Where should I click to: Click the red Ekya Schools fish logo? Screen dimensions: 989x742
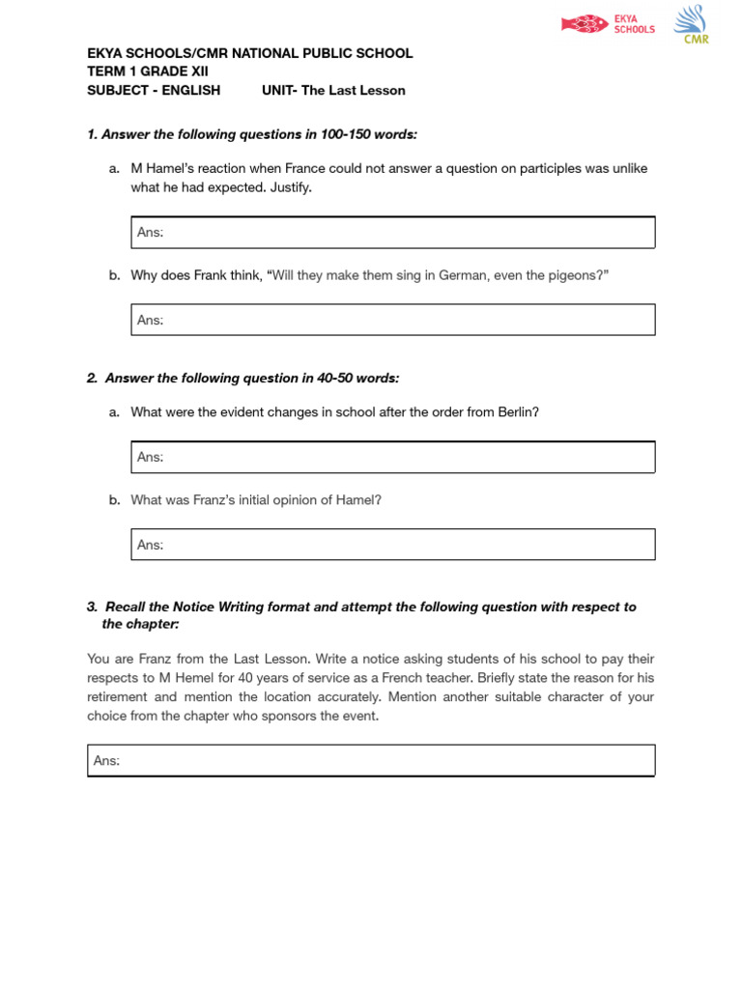click(x=585, y=24)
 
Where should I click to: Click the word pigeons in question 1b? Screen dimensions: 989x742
click(x=577, y=275)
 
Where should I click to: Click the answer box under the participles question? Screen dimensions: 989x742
click(x=392, y=232)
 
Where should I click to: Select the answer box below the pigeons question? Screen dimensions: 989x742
click(x=392, y=320)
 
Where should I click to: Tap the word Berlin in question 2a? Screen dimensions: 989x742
click(x=517, y=411)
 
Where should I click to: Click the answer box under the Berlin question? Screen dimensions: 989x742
click(x=392, y=457)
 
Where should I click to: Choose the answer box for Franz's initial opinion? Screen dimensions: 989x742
click(x=392, y=545)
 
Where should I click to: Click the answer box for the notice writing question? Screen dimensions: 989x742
click(x=371, y=760)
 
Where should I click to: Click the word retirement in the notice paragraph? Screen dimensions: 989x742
click(x=116, y=696)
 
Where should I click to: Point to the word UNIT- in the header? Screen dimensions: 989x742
click(x=279, y=90)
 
